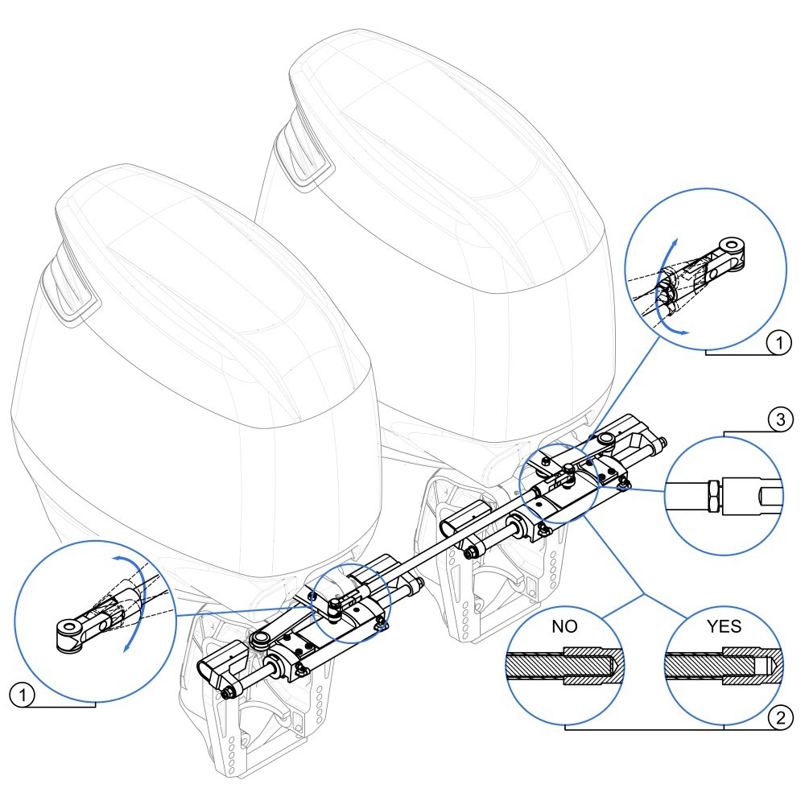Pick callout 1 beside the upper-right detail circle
[778, 342]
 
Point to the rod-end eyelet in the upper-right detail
[729, 246]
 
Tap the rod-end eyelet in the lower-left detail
[68, 629]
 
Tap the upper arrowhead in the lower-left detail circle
[114, 558]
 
